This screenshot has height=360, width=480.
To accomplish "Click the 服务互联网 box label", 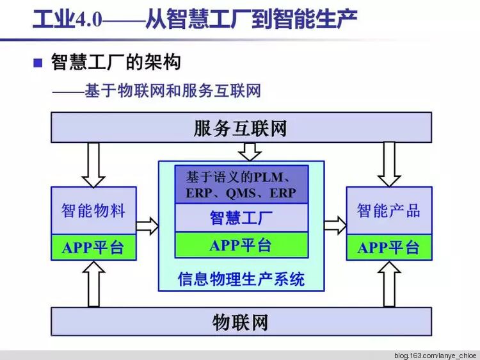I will pyautogui.click(x=240, y=129).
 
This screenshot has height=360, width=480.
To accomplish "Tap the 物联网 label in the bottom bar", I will pyautogui.click(x=240, y=322).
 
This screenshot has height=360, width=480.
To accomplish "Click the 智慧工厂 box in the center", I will pyautogui.click(x=241, y=218).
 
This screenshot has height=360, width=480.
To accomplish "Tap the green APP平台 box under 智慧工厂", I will pyautogui.click(x=241, y=245).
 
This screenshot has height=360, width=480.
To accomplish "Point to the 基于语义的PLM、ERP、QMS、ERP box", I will pyautogui.click(x=241, y=184).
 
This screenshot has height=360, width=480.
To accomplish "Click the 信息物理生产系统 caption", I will pyautogui.click(x=241, y=279).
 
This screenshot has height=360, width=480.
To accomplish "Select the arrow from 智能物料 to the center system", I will pyautogui.click(x=147, y=225).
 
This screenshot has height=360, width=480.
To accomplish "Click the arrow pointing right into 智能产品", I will pyautogui.click(x=335, y=225).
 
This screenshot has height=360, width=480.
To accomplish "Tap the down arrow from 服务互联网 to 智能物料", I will pyautogui.click(x=93, y=163).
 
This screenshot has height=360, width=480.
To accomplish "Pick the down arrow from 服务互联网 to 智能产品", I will pyautogui.click(x=389, y=163).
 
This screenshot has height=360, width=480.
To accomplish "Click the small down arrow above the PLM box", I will pyautogui.click(x=249, y=151).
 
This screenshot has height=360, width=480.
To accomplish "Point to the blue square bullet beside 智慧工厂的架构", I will pyautogui.click(x=38, y=62).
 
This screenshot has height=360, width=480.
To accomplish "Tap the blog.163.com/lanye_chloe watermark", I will pyautogui.click(x=435, y=354).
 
